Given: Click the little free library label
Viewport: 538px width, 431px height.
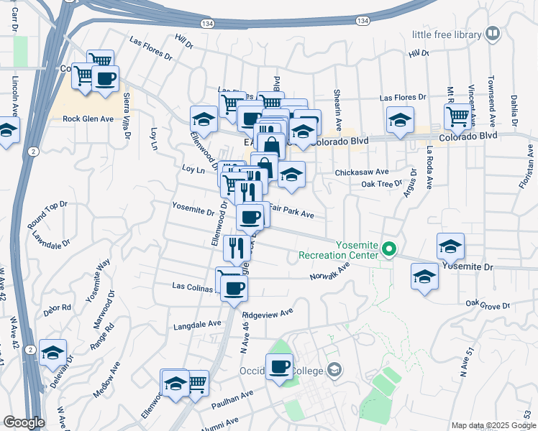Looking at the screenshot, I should [447, 34].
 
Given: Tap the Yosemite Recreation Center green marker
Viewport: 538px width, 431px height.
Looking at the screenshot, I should [390, 250].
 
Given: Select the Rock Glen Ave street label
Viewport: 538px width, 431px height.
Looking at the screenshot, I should [88, 119].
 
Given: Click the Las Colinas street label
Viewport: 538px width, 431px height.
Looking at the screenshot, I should [193, 286].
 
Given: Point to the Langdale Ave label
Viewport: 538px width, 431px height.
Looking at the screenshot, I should [198, 325].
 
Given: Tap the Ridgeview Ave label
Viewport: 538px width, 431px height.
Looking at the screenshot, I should [268, 314].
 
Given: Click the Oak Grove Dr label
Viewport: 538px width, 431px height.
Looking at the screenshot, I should [488, 305].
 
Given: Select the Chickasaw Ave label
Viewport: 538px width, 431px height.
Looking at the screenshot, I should [362, 172].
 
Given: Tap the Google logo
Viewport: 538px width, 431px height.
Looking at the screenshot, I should [24, 422].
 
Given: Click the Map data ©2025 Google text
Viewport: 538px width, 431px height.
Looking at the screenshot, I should [493, 425].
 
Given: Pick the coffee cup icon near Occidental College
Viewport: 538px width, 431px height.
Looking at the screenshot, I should [279, 367].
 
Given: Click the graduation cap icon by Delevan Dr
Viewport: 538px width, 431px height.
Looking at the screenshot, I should [53, 352].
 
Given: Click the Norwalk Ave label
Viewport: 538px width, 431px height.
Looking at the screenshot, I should [329, 272].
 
